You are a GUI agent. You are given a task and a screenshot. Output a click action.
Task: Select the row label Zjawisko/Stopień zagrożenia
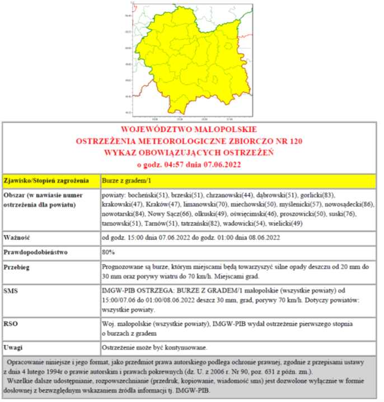(46, 181)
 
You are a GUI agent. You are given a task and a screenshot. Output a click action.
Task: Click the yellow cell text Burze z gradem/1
(127, 181)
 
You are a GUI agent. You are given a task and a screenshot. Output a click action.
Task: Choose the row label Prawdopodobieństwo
(39, 252)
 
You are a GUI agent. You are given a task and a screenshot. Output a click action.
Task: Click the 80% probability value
(109, 252)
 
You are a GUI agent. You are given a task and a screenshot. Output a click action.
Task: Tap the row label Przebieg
(20, 267)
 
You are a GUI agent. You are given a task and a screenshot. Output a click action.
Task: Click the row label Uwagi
(15, 345)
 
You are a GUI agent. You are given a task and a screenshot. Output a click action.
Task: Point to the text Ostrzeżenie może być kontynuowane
(155, 345)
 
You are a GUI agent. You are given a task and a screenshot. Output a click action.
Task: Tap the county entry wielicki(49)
(288, 223)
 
